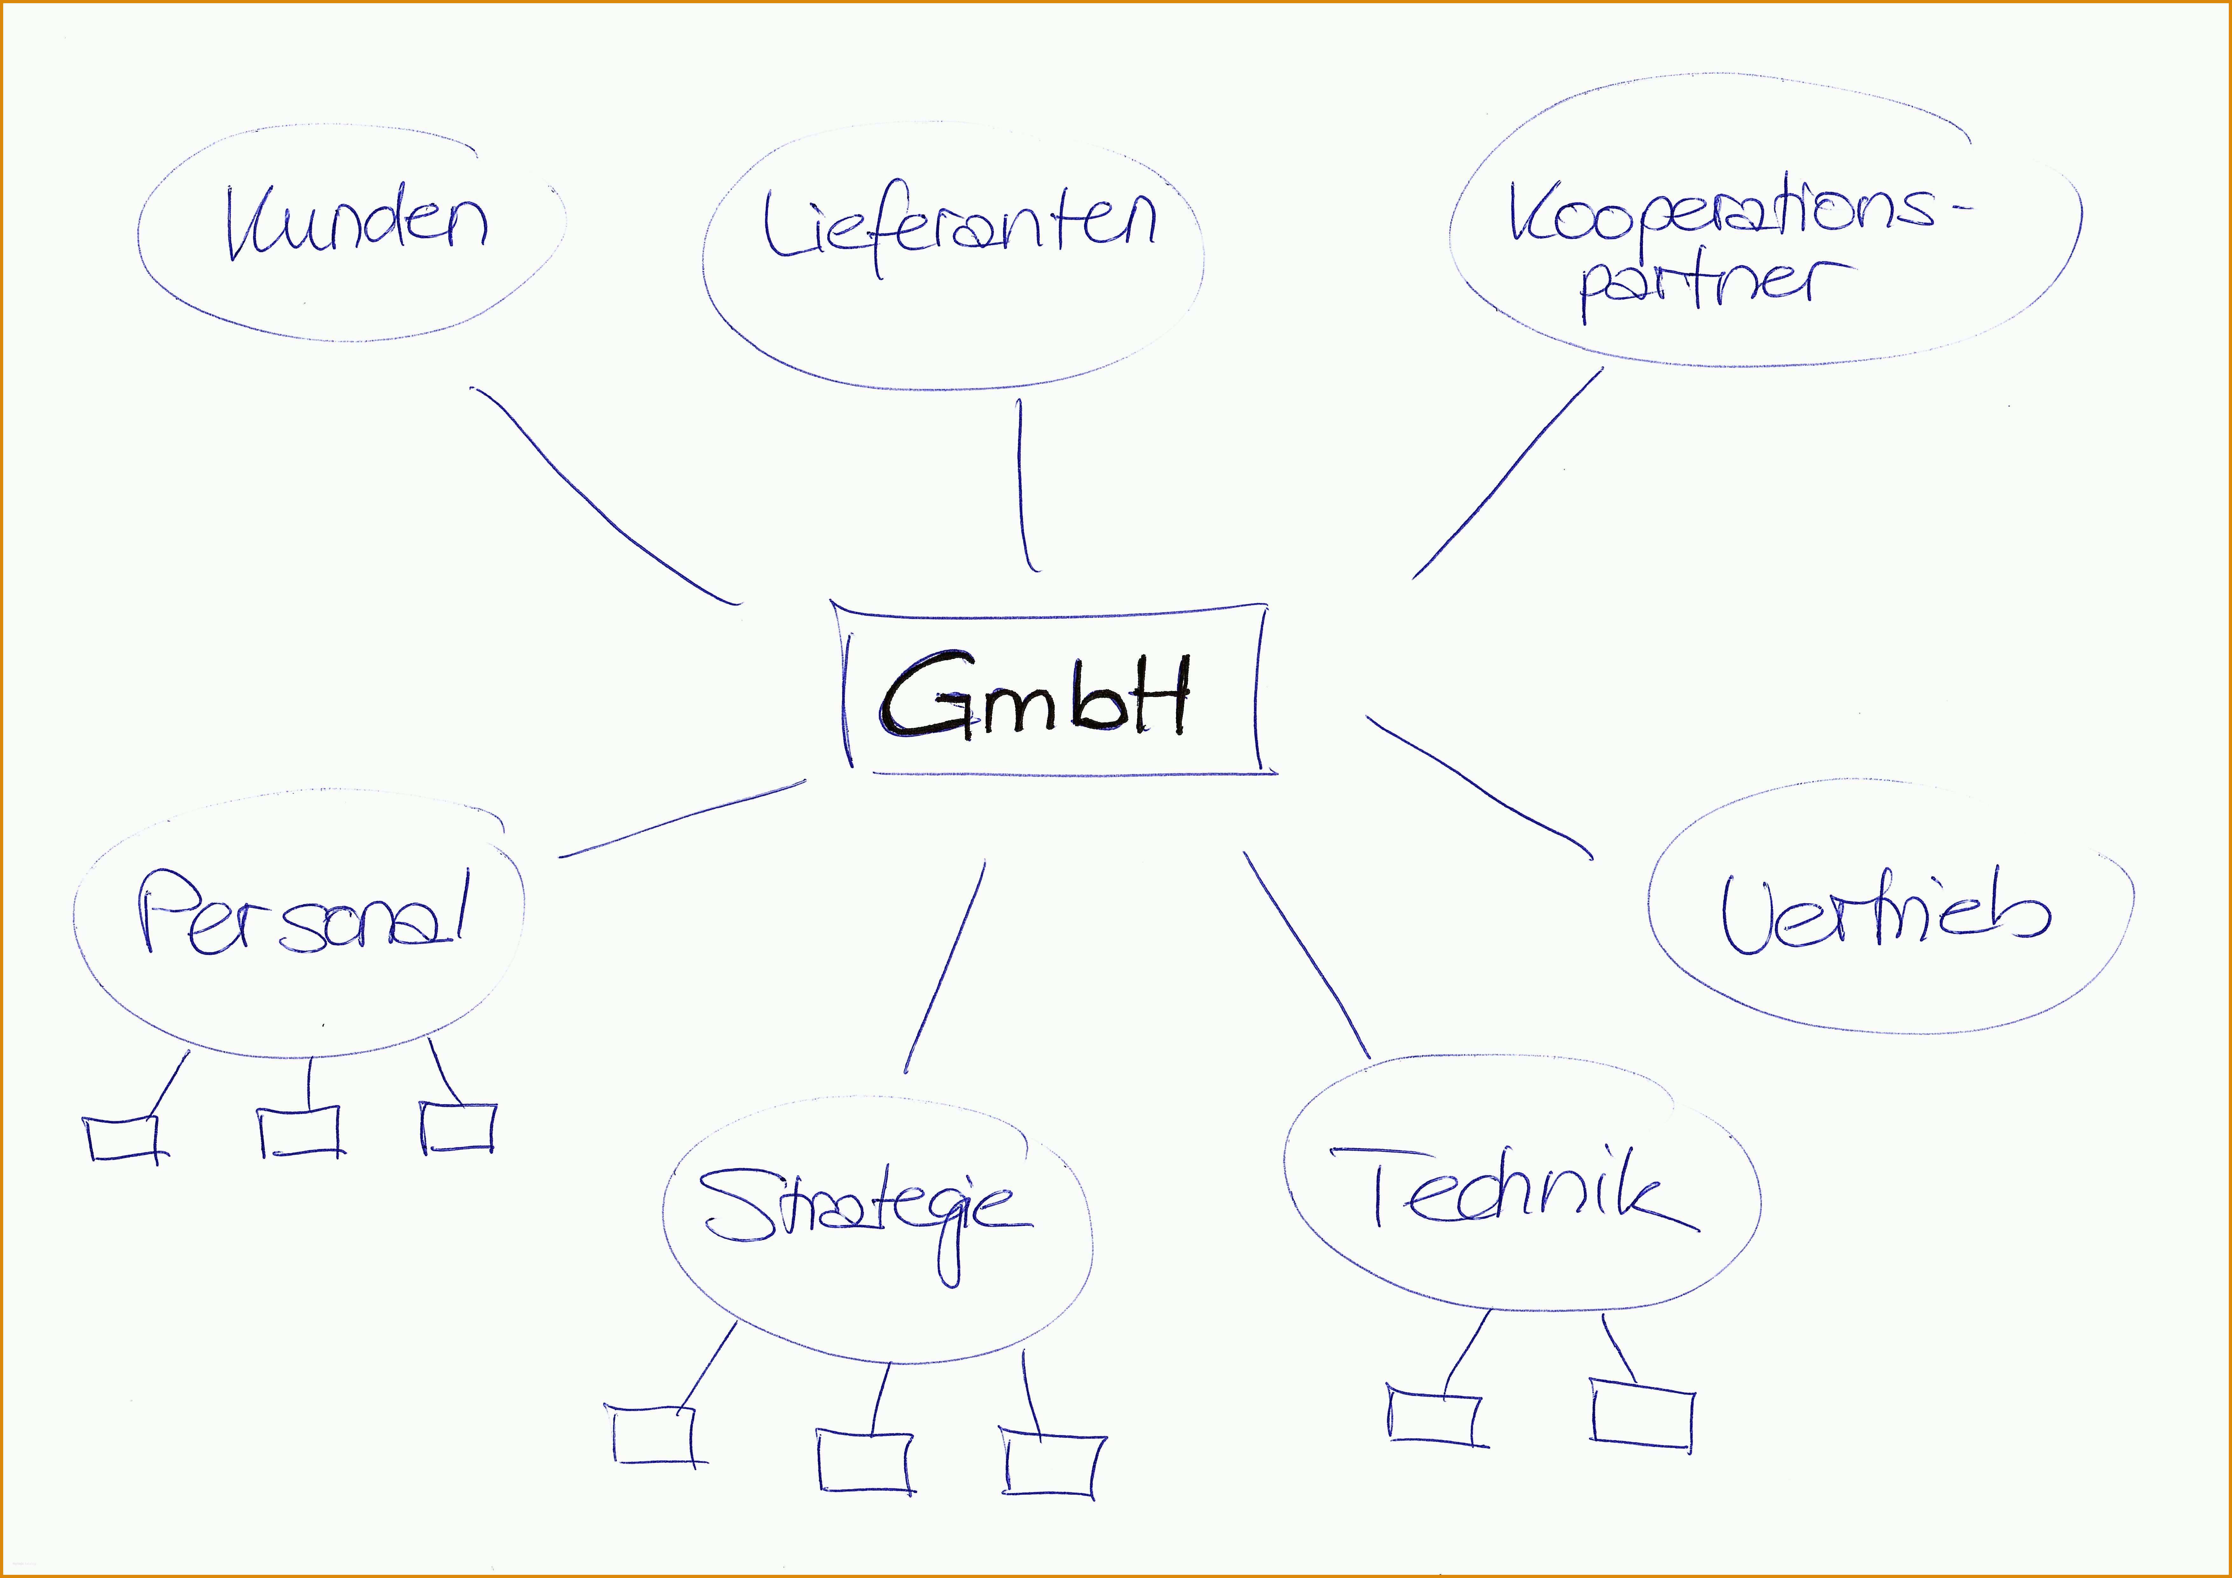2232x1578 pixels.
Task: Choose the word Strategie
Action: tap(865, 1225)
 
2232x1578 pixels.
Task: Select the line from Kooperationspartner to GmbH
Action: tap(1507, 474)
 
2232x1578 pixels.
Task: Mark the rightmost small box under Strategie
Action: tap(1054, 1461)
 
